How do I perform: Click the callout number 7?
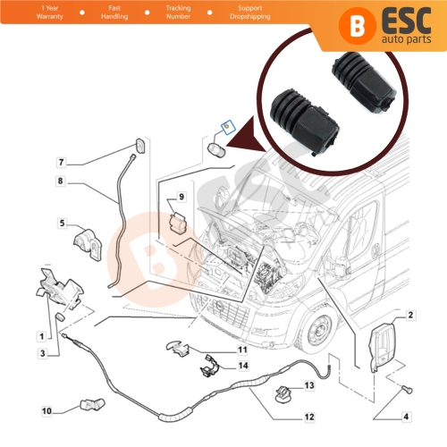(x=62, y=163)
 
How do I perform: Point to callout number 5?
(x=62, y=223)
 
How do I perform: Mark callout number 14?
(x=241, y=367)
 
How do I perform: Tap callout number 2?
(x=410, y=316)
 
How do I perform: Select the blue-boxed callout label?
(x=225, y=128)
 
